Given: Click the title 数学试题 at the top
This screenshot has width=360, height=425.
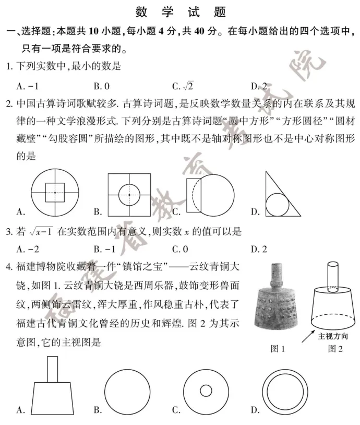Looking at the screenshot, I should [179, 11].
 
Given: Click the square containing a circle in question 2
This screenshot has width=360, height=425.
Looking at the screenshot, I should [129, 194].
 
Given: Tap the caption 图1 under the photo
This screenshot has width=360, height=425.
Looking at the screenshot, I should [277, 349].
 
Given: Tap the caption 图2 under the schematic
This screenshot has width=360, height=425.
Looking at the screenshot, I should [335, 349].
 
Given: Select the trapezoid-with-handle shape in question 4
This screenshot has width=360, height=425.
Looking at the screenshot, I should [53, 386].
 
